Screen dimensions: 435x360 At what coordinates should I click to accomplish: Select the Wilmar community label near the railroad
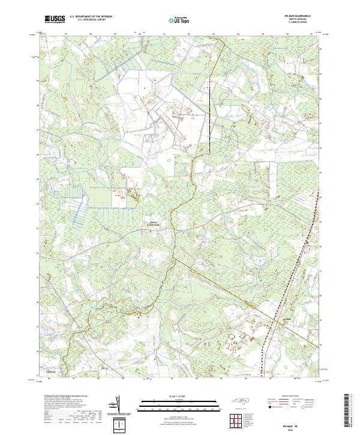pyautogui.click(x=287, y=318)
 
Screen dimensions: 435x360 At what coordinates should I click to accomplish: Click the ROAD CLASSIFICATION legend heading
pyautogui.click(x=288, y=396)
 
